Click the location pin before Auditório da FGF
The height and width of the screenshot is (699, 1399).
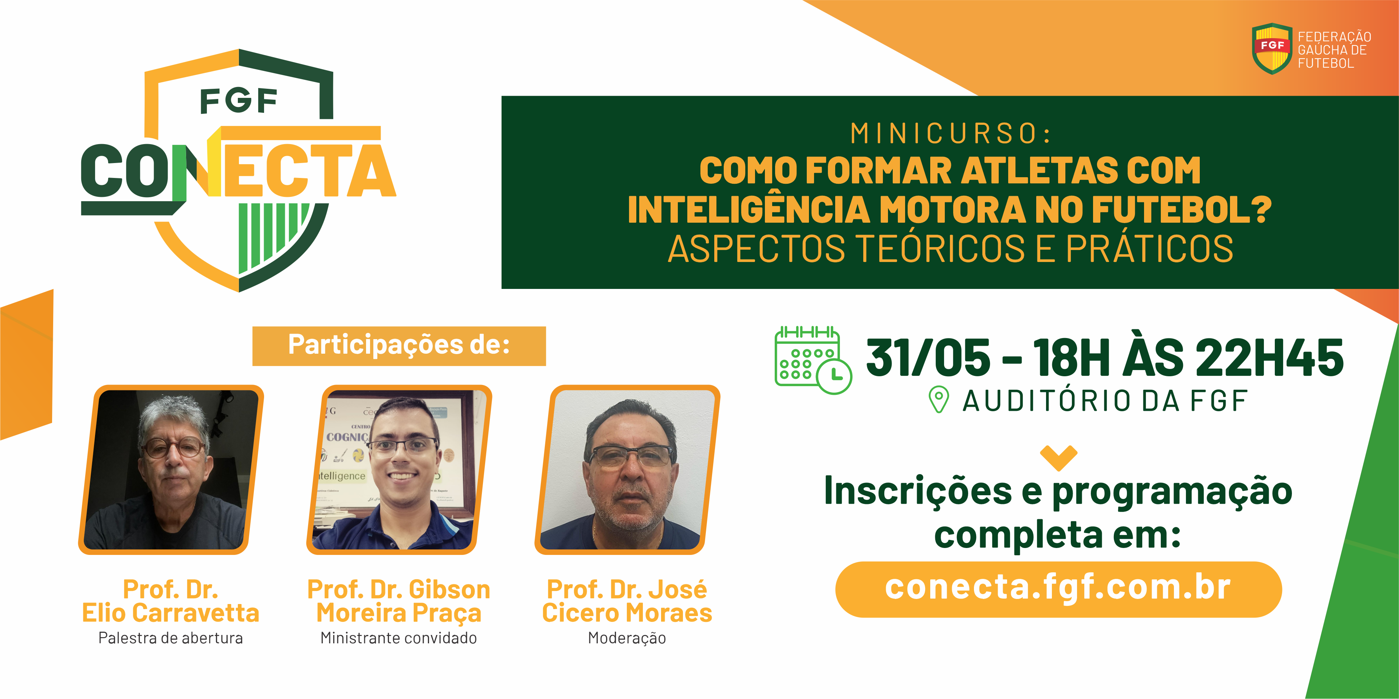click(x=939, y=400)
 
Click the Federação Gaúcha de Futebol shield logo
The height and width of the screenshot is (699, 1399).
click(x=1272, y=49)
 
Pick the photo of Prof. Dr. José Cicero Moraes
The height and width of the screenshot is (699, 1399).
click(x=627, y=469)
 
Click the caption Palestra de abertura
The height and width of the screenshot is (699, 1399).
click(x=170, y=638)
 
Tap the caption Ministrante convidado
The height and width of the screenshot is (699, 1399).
click(x=398, y=638)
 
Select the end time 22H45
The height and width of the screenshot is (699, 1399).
click(x=1269, y=358)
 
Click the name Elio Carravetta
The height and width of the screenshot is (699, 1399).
click(x=170, y=613)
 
